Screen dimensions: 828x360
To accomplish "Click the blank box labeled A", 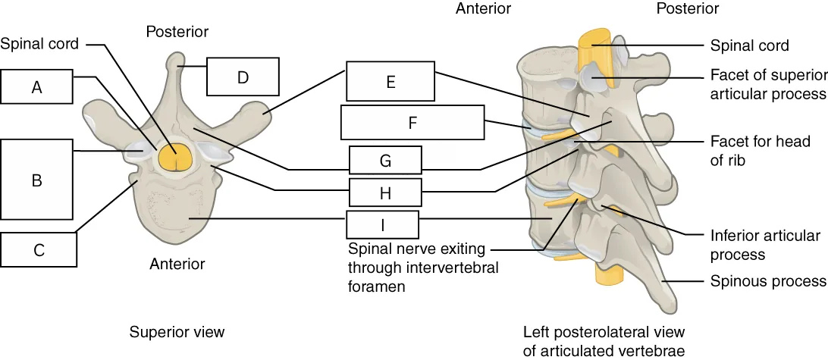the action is point(36,86).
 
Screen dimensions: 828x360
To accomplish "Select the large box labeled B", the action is point(36,180).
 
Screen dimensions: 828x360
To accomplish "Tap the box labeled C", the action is point(39,249).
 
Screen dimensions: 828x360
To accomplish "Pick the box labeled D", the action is point(243,77).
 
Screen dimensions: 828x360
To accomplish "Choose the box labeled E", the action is point(390,81).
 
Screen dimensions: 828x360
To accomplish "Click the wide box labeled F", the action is point(412,123).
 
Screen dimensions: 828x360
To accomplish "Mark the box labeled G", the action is point(385,161).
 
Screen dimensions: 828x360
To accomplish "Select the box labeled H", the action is point(385,193).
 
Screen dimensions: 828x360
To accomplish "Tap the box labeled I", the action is point(382,224).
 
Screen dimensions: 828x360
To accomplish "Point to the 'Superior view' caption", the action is point(177,332).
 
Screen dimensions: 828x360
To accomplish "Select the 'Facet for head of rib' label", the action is point(759,151).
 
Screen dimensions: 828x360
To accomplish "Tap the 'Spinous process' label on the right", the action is point(768,281).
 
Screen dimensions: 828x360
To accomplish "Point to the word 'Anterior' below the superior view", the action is point(177,263).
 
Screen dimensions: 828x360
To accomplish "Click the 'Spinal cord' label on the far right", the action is point(749,46).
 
